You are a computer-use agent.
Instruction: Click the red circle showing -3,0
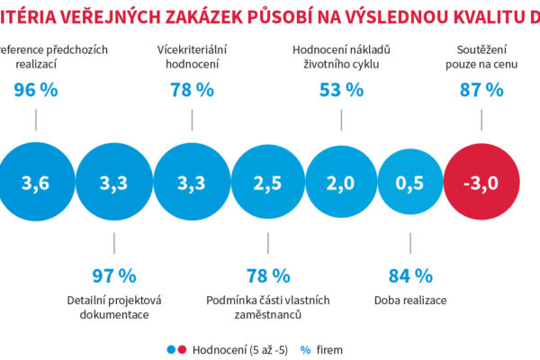(x=482, y=184)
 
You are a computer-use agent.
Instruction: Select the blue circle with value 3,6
(x=34, y=184)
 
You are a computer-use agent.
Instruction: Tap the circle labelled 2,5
(x=267, y=184)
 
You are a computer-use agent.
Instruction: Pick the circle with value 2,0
(x=339, y=184)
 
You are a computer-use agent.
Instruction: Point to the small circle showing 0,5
(x=409, y=184)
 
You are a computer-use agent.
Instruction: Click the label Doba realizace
(x=410, y=300)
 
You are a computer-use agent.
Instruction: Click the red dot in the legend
(x=183, y=348)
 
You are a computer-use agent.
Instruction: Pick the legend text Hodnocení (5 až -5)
(x=238, y=348)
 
